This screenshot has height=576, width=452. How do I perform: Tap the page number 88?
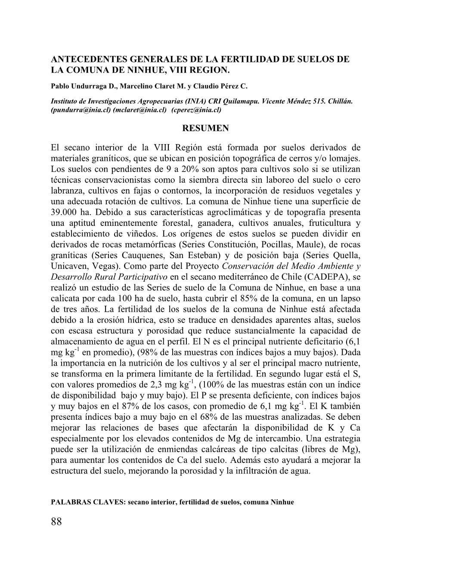[x=56, y=522]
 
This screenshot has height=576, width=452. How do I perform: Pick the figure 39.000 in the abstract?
[x=65, y=213]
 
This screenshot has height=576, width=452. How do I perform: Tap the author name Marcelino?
[x=137, y=86]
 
